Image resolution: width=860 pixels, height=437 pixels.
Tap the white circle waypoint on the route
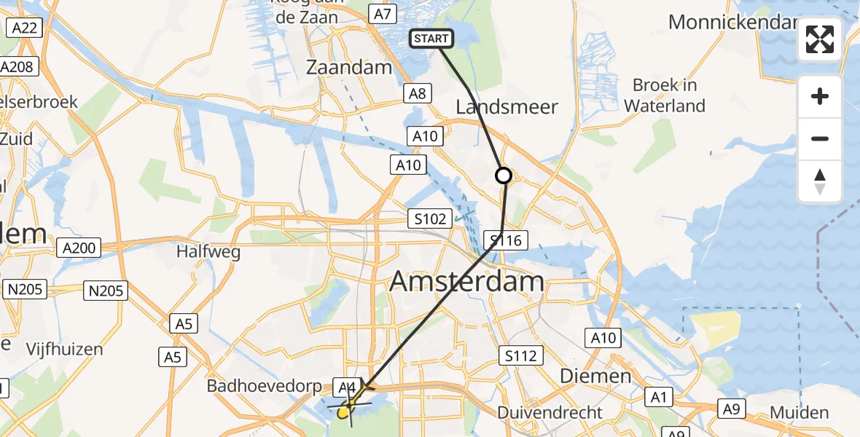(504, 176)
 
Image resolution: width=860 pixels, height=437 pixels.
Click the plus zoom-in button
(820, 96)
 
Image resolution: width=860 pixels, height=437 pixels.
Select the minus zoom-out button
(820, 138)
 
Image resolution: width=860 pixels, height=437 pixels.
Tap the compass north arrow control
(820, 181)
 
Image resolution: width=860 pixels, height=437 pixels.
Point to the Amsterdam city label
(467, 281)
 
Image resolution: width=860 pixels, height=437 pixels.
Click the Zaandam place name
(349, 68)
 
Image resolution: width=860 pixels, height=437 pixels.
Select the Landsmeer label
(507, 107)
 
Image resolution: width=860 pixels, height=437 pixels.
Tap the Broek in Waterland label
(665, 95)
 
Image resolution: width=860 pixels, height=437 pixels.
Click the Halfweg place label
(208, 252)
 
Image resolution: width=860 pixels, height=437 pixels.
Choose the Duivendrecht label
(550, 413)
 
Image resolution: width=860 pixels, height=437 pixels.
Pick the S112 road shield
(521, 355)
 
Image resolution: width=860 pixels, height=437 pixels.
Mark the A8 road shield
(418, 92)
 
